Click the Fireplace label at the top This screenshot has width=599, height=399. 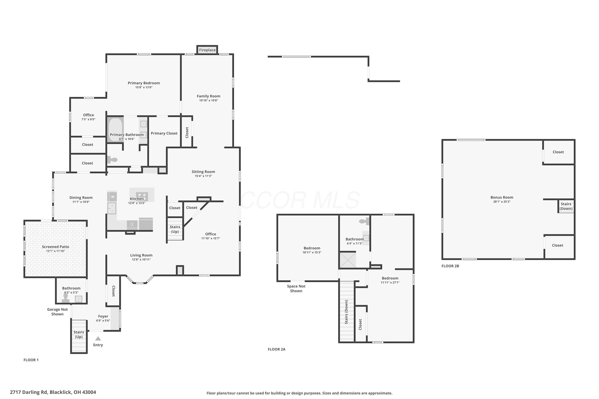pyautogui.click(x=207, y=50)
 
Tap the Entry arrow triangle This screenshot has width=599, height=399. pyautogui.click(x=98, y=338)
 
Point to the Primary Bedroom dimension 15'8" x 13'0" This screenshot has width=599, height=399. pyautogui.click(x=144, y=87)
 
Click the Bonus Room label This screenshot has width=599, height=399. pyautogui.click(x=502, y=197)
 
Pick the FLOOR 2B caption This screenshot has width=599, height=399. pyautogui.click(x=450, y=266)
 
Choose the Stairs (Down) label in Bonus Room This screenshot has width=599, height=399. pyautogui.click(x=566, y=206)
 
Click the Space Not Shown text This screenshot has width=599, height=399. pyautogui.click(x=296, y=288)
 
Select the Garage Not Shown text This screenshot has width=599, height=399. pyautogui.click(x=57, y=312)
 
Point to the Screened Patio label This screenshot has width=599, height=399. pyautogui.click(x=56, y=247)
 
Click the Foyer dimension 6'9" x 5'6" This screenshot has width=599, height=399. pyautogui.click(x=103, y=321)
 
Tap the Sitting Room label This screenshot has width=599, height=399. pyautogui.click(x=203, y=172)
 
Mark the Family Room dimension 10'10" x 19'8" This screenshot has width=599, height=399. pyautogui.click(x=209, y=101)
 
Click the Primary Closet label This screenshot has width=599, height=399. pyautogui.click(x=164, y=133)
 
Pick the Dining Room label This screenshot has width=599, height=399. pyautogui.click(x=81, y=198)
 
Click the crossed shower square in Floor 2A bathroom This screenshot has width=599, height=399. pyautogui.click(x=348, y=260)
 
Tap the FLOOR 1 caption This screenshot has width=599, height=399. pyautogui.click(x=31, y=360)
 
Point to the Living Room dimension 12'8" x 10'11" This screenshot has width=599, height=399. pyautogui.click(x=141, y=260)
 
